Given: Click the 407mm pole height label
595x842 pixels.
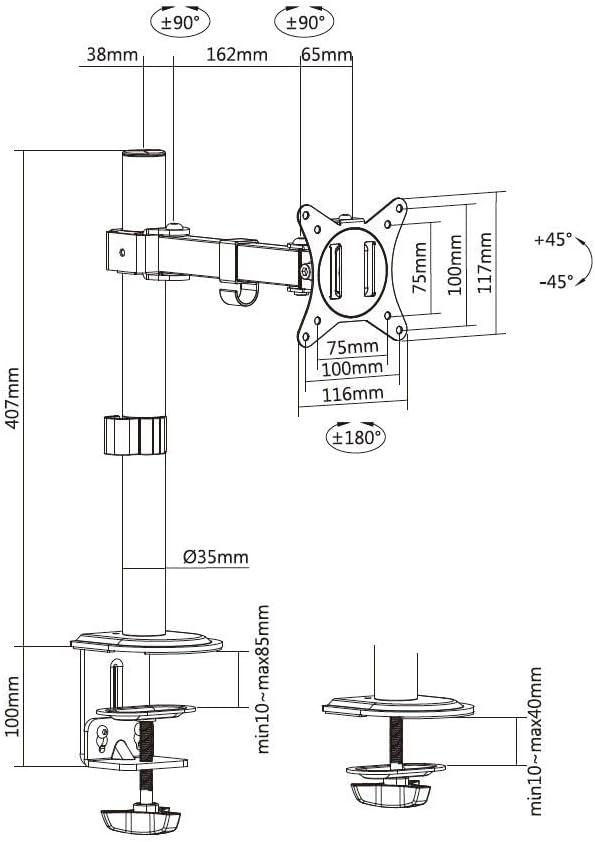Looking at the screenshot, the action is point(13,398).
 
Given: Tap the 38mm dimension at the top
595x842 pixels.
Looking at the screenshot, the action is point(112,54).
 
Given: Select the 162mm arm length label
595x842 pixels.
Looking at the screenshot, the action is point(237,54).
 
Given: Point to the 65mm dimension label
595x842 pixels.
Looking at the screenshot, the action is point(326,54).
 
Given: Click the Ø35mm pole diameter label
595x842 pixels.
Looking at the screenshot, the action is point(216,557).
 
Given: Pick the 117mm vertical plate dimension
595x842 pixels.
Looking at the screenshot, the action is point(485,262).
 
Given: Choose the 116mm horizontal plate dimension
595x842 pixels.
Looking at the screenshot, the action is point(353,394).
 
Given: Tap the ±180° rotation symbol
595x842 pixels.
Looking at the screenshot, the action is point(356,437).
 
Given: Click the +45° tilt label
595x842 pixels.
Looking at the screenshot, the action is point(553,239).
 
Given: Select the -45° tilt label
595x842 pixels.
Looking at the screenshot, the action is point(556,281).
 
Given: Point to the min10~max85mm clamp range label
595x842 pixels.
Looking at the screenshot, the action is point(263,679).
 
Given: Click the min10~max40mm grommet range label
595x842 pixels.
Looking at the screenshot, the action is point(535,741).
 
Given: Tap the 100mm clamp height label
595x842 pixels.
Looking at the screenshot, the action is point(13,706).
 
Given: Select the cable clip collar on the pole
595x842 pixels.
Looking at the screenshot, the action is point(134,435).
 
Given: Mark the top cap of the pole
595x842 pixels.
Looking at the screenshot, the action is point(143,154).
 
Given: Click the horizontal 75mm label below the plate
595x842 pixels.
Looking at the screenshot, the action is point(353,347).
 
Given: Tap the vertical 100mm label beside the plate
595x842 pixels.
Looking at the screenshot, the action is point(455,264).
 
